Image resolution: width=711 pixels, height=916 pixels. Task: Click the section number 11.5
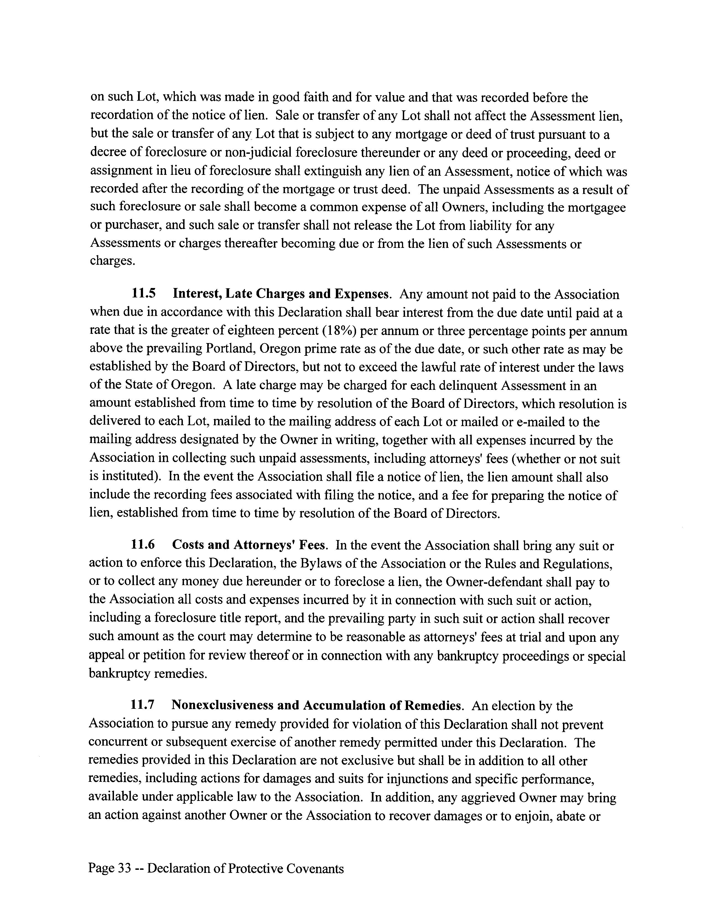pyautogui.click(x=144, y=294)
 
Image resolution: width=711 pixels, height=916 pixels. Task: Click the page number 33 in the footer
pyautogui.click(x=124, y=868)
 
